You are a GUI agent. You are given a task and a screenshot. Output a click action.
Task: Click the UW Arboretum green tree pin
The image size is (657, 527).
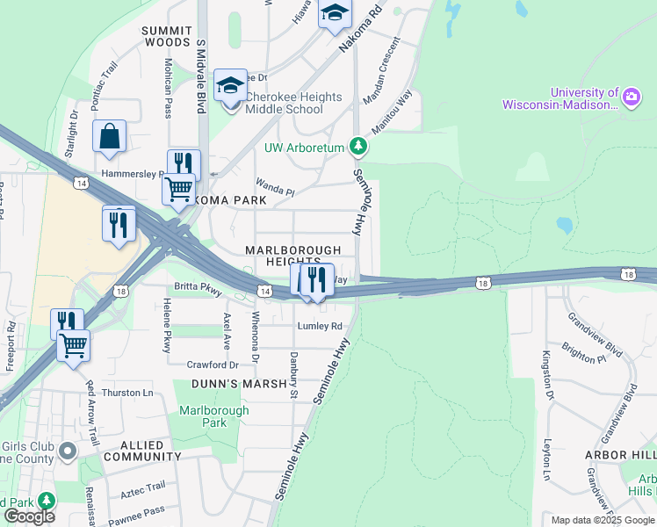coord(357,145)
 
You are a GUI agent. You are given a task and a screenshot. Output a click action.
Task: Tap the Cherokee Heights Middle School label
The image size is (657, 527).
coord(284,103)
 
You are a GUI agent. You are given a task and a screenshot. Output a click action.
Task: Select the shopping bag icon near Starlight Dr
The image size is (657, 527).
coord(109,137)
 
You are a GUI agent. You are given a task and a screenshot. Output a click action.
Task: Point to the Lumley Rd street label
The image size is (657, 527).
coord(320,326)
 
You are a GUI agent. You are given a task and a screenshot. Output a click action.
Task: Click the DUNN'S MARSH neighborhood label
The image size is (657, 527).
coord(240,384)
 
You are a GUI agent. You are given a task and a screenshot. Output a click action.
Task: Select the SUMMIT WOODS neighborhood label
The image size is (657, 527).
coord(166,36)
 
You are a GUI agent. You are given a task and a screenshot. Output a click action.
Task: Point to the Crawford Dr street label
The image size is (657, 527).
coord(212,365)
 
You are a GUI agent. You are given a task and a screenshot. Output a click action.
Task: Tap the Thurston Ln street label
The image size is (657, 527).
coord(127,393)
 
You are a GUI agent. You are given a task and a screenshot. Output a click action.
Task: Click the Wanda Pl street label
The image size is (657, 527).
coord(275,186)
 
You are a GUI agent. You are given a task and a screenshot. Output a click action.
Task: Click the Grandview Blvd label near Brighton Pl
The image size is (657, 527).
coord(595,335)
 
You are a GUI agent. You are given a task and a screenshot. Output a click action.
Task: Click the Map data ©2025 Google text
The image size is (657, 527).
coord(602,520)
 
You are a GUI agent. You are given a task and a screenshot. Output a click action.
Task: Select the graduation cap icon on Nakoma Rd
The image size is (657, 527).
coord(335,14)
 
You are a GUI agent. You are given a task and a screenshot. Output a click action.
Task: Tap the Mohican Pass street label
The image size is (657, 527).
coord(167,87)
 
